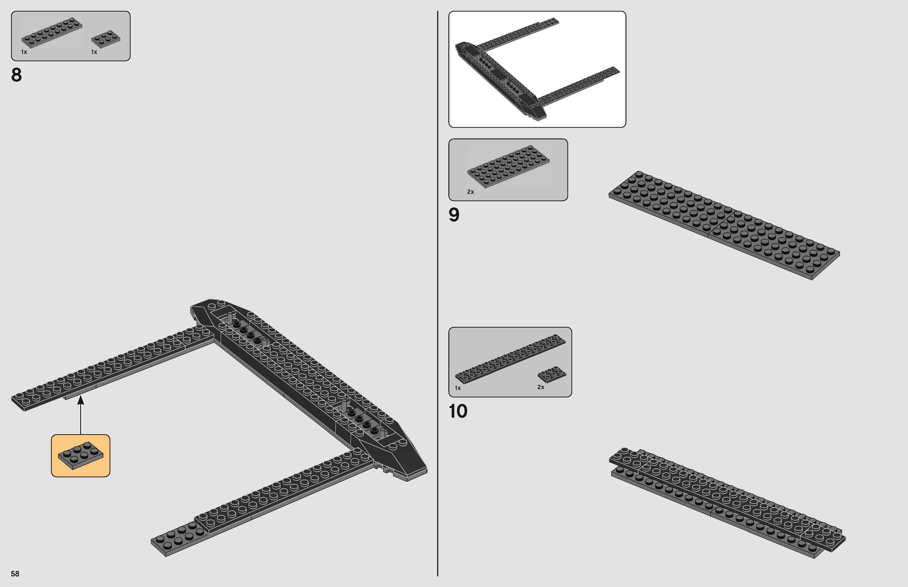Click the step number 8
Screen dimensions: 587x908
pyautogui.click(x=16, y=75)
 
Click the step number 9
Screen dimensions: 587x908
pyautogui.click(x=454, y=215)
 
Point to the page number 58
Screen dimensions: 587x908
pyautogui.click(x=15, y=574)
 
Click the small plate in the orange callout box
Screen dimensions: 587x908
pyautogui.click(x=80, y=456)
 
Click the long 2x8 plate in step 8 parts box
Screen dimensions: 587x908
pyautogui.click(x=51, y=33)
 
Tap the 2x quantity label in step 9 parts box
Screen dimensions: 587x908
pyautogui.click(x=470, y=192)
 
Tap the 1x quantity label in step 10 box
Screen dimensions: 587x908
pyautogui.click(x=457, y=388)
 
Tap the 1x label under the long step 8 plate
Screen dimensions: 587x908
pyautogui.click(x=24, y=52)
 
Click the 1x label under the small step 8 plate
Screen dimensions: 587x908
pyautogui.click(x=94, y=52)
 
